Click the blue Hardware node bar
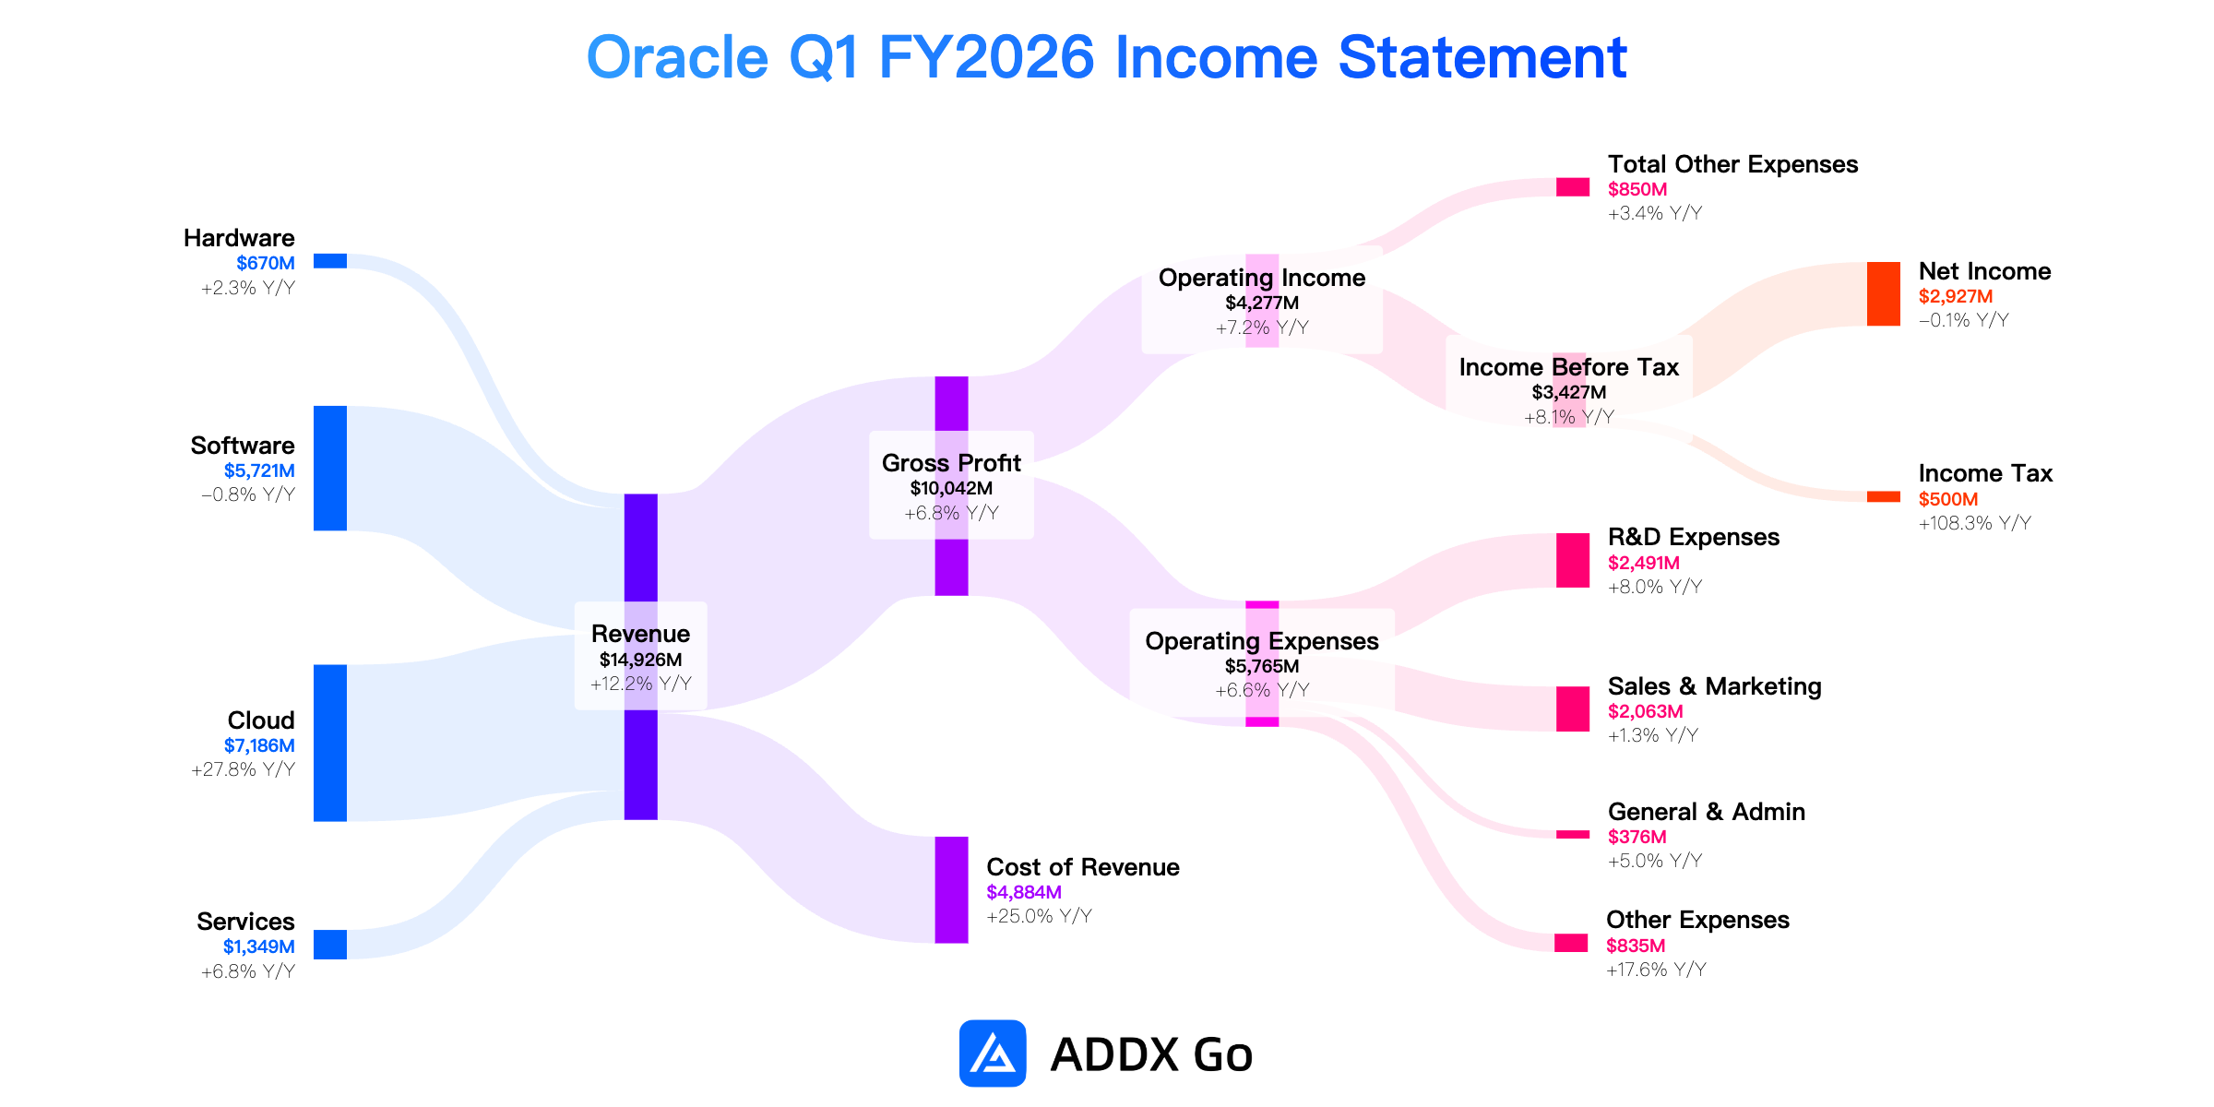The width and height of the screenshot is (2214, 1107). [x=330, y=261]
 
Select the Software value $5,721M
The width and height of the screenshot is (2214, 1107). [x=259, y=470]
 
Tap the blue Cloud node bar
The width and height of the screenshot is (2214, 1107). [x=330, y=743]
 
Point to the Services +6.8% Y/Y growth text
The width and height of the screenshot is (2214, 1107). [x=248, y=971]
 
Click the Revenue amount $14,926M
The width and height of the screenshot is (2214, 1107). [x=641, y=660]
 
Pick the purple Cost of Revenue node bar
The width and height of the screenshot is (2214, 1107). [x=952, y=890]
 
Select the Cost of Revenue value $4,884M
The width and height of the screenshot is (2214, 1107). [x=1024, y=892]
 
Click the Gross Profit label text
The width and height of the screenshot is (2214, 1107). [x=951, y=463]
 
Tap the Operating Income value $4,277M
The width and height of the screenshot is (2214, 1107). [x=1262, y=303]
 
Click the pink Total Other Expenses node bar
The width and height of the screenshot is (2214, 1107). [x=1573, y=187]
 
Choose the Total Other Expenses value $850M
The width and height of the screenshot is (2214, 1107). [x=1637, y=189]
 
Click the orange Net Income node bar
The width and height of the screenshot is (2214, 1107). [x=1884, y=294]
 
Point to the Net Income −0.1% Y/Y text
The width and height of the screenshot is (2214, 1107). [x=1964, y=320]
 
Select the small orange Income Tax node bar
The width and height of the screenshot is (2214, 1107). [x=1884, y=497]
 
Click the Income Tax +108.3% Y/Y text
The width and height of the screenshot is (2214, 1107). [x=1975, y=523]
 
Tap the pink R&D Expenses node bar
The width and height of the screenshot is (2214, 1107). [x=1573, y=560]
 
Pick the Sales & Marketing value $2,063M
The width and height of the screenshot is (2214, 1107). [x=1646, y=711]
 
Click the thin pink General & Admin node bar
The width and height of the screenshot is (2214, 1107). [x=1573, y=835]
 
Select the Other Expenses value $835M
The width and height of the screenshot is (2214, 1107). [x=1636, y=946]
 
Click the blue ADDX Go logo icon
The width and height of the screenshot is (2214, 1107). [x=993, y=1053]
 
